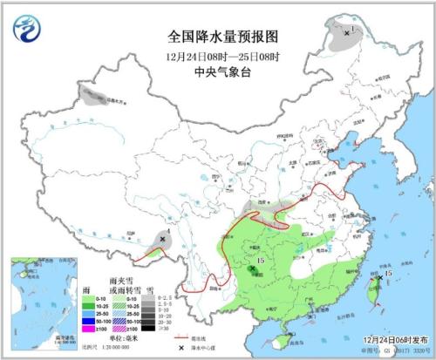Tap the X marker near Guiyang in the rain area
point(252,271)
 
